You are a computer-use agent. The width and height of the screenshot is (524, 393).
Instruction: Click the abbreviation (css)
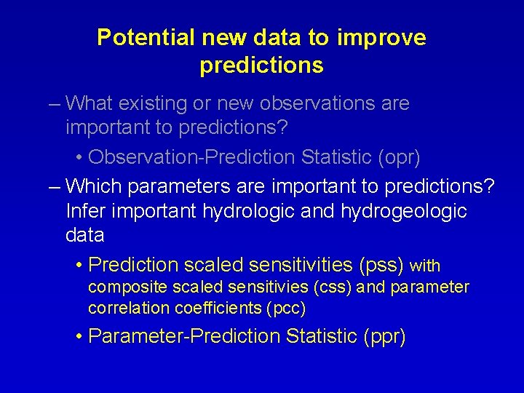(333, 287)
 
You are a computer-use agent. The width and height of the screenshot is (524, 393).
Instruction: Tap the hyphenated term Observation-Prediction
(191, 157)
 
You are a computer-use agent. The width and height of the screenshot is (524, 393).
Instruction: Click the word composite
(119, 287)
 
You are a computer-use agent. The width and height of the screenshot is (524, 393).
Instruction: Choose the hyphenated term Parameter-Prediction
(184, 336)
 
